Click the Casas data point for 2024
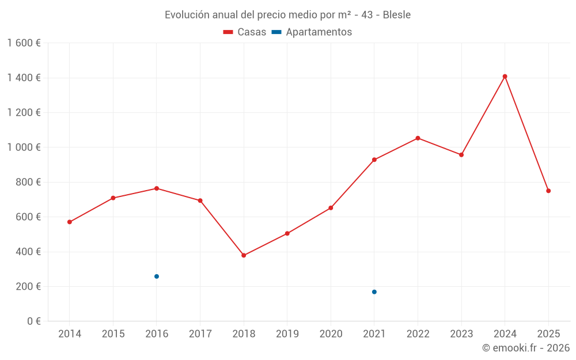tap(505, 77)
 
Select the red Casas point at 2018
tap(244, 255)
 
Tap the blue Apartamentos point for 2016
tap(157, 276)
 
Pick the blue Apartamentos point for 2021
tap(374, 292)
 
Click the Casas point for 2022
tap(418, 138)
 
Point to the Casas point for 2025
tap(548, 191)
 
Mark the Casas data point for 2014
tap(70, 222)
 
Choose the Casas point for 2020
tap(331, 208)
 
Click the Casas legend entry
tap(245, 32)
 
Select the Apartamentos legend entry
tap(312, 32)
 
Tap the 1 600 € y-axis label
tap(24, 43)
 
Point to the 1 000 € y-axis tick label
tap(24, 147)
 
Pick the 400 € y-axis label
tap(27, 252)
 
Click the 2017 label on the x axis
tap(200, 334)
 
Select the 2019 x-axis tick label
tap(287, 334)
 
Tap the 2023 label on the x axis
tap(461, 334)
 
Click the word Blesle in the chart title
tap(396, 15)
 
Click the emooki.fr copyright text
tap(526, 348)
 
